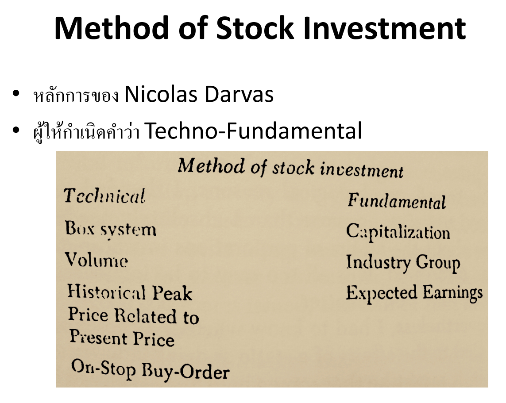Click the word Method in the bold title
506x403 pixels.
click(x=112, y=28)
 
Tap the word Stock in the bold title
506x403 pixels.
click(x=255, y=28)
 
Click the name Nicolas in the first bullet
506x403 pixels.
click(x=161, y=95)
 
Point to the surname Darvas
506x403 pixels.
click(x=239, y=95)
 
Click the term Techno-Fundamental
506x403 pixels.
click(x=253, y=130)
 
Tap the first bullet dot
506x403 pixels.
click(x=16, y=93)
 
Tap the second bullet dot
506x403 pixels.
click(x=16, y=130)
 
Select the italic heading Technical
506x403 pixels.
click(x=104, y=196)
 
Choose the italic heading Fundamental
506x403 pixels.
click(x=397, y=201)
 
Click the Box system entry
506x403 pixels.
click(x=111, y=230)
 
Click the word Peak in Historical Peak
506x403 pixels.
click(x=172, y=293)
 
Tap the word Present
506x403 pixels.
click(x=99, y=337)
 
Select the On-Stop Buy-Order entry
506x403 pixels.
click(x=151, y=370)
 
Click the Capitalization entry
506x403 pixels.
click(x=398, y=232)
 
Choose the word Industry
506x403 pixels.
click(x=378, y=262)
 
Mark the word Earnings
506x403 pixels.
click(x=453, y=293)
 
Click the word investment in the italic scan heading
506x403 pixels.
click(x=362, y=169)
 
